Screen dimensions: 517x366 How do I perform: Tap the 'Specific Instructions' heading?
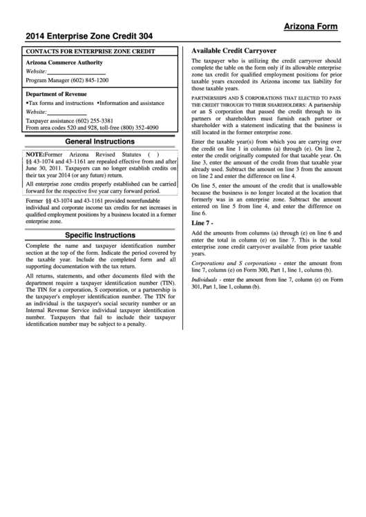pos(99,235)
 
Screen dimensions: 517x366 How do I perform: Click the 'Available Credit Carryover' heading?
pos(233,51)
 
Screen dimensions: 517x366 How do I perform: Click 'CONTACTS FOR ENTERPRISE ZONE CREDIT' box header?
pos(90,51)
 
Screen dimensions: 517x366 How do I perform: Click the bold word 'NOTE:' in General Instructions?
pos(35,154)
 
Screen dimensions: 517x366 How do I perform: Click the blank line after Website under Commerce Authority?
pos(77,72)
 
